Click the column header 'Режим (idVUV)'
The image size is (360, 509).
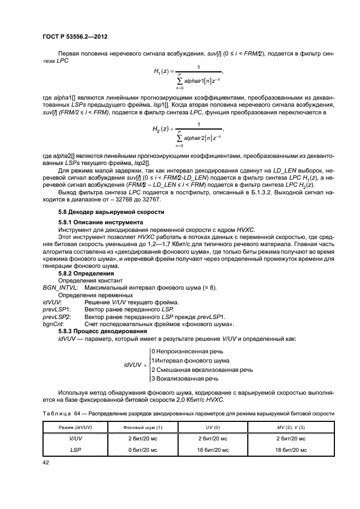pyautogui.click(x=76, y=428)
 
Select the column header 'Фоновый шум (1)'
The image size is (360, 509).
pyautogui.click(x=143, y=428)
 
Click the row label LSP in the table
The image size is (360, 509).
pyautogui.click(x=76, y=450)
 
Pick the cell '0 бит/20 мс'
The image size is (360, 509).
pyautogui.click(x=143, y=450)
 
